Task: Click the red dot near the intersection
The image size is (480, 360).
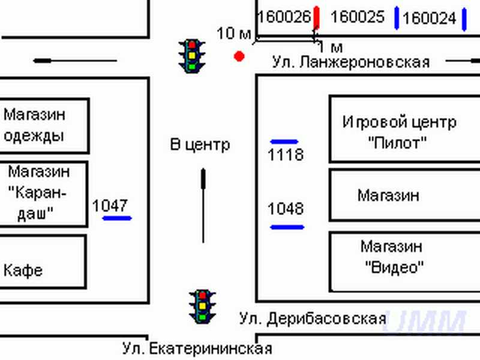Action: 239,56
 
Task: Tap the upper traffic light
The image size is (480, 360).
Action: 192,56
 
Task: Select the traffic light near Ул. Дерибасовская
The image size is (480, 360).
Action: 202,306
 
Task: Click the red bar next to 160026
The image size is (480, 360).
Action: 316,18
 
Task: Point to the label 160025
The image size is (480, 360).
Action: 357,17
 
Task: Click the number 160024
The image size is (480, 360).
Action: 429,19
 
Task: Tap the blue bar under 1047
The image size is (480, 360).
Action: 117,218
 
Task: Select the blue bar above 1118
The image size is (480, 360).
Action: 284,142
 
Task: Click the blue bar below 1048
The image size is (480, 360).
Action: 287,227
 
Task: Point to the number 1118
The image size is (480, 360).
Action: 286,155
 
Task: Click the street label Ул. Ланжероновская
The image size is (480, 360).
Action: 351,62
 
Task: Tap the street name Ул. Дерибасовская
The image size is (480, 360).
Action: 312,317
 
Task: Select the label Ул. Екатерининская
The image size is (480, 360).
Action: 197,348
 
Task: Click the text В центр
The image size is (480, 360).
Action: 200,145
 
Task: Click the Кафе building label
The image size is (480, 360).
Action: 23,269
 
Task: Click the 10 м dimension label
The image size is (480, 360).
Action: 233,34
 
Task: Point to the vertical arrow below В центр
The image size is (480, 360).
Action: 203,204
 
